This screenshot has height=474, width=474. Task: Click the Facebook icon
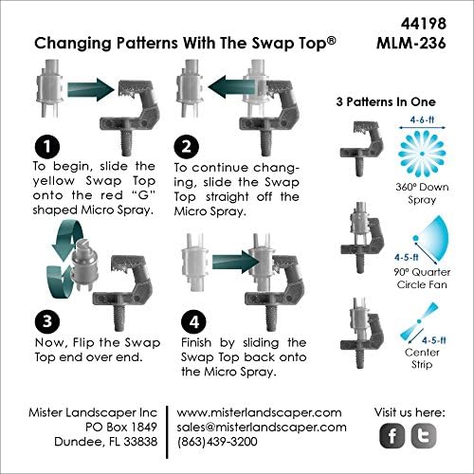point(392,436)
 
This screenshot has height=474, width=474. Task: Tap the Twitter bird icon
point(424,436)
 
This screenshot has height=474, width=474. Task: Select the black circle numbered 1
point(47,146)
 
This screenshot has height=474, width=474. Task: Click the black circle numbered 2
point(187,146)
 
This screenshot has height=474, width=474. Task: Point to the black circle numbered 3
point(47,321)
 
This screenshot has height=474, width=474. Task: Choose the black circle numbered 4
point(193,321)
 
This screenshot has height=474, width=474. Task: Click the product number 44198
point(424,24)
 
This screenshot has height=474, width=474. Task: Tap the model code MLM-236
point(411,43)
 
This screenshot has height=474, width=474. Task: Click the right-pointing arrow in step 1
point(91,90)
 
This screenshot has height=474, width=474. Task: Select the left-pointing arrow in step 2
point(231,86)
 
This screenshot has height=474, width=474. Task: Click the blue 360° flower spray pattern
point(422,154)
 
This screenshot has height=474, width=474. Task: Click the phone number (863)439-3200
point(217,442)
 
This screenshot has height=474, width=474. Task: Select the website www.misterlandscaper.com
point(259,412)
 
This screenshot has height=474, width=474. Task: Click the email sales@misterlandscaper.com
point(262,428)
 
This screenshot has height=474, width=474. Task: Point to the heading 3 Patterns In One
point(386,101)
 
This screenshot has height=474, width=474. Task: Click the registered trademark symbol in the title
point(331,41)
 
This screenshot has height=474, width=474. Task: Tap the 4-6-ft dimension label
point(422,120)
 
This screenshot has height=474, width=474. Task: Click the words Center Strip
point(422,358)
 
